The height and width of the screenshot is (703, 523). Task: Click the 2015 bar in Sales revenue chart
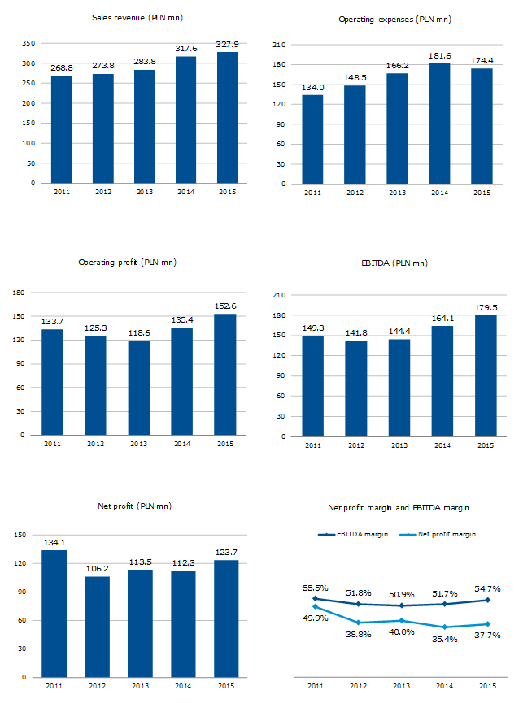click(x=227, y=118)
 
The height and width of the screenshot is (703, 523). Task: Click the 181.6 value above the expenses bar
click(x=439, y=55)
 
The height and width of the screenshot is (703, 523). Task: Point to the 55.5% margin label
click(x=315, y=587)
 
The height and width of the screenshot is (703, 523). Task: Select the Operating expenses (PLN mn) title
click(x=394, y=19)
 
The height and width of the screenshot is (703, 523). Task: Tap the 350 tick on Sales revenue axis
click(x=28, y=43)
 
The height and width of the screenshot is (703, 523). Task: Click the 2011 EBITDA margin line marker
click(x=315, y=599)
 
